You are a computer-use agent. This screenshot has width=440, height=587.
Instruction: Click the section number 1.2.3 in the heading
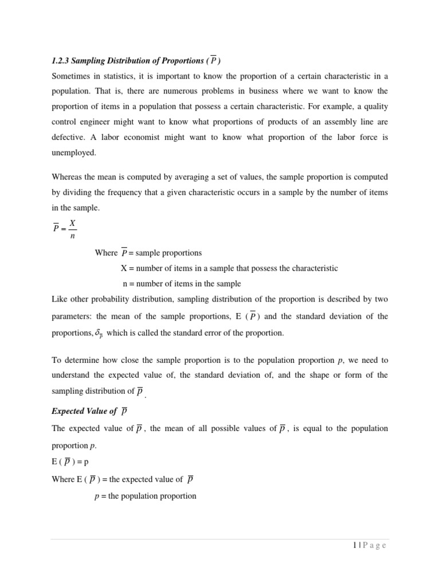60,61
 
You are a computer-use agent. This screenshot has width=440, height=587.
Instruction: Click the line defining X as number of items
229,268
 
